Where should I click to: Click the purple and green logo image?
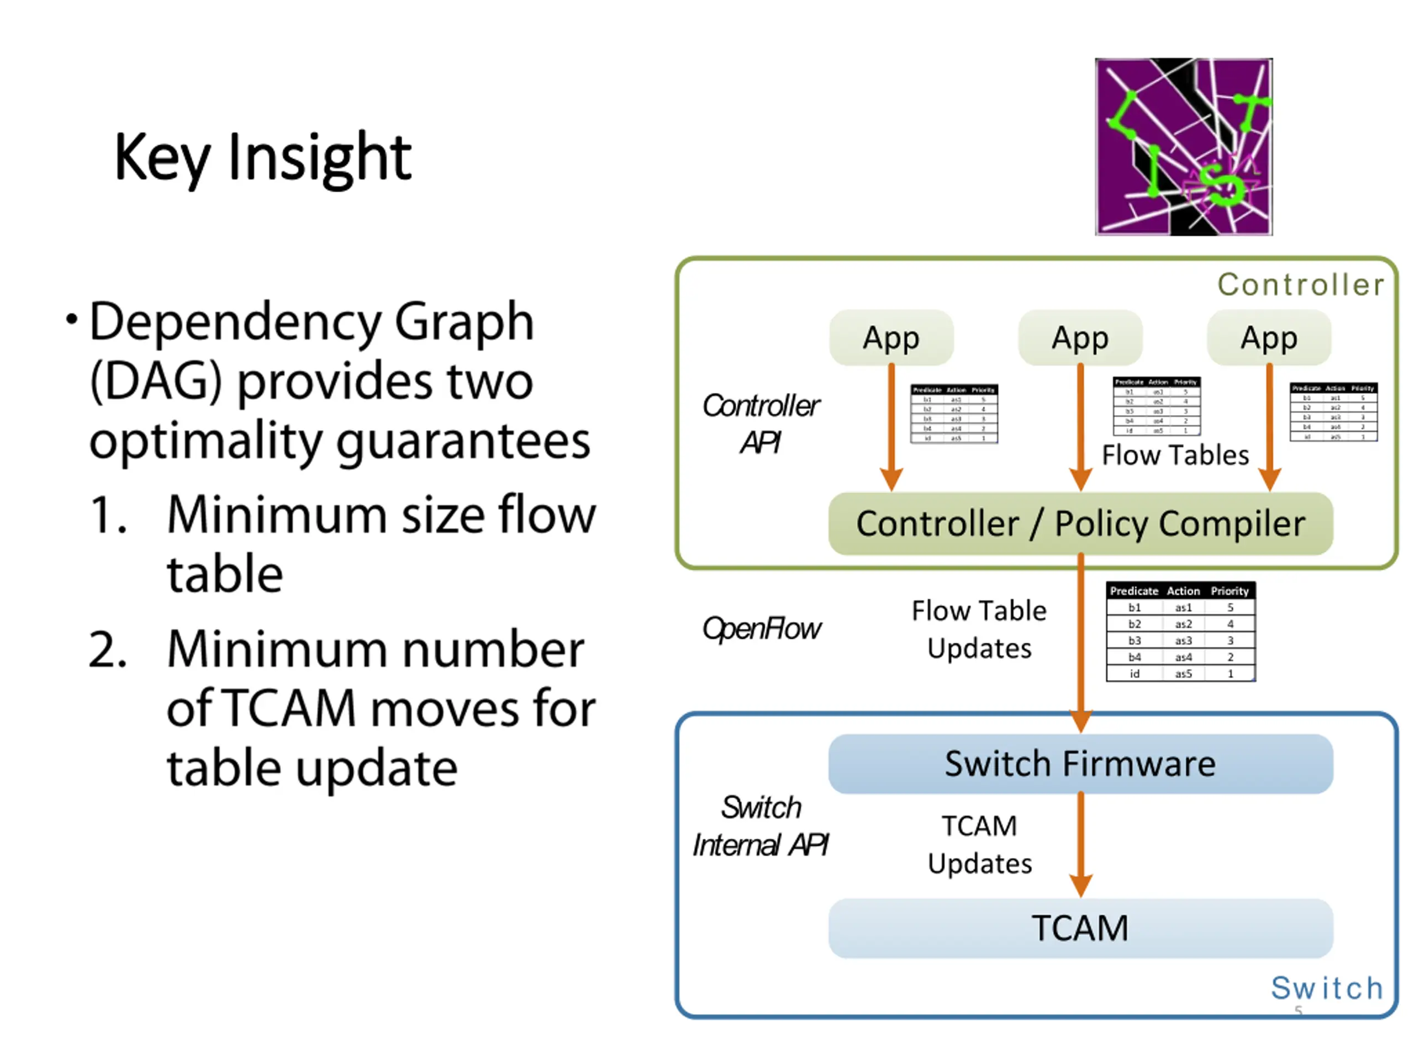[1183, 147]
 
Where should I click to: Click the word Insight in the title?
[319, 157]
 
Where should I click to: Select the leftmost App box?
[891, 337]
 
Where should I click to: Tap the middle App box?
[1080, 337]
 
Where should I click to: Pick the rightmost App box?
[1269, 337]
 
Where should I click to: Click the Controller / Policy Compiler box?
[1080, 524]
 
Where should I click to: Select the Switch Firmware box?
[1080, 764]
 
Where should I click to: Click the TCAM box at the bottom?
[1080, 929]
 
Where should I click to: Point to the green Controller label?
[1300, 285]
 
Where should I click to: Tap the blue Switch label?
[1327, 988]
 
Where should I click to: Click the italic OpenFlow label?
[761, 629]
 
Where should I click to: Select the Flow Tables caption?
[1175, 455]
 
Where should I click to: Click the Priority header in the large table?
[1230, 591]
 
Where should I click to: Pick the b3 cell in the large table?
[1134, 641]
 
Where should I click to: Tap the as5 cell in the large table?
[1183, 674]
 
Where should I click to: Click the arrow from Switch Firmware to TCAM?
[1080, 844]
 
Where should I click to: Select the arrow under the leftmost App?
[891, 425]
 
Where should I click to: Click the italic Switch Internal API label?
[761, 826]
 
